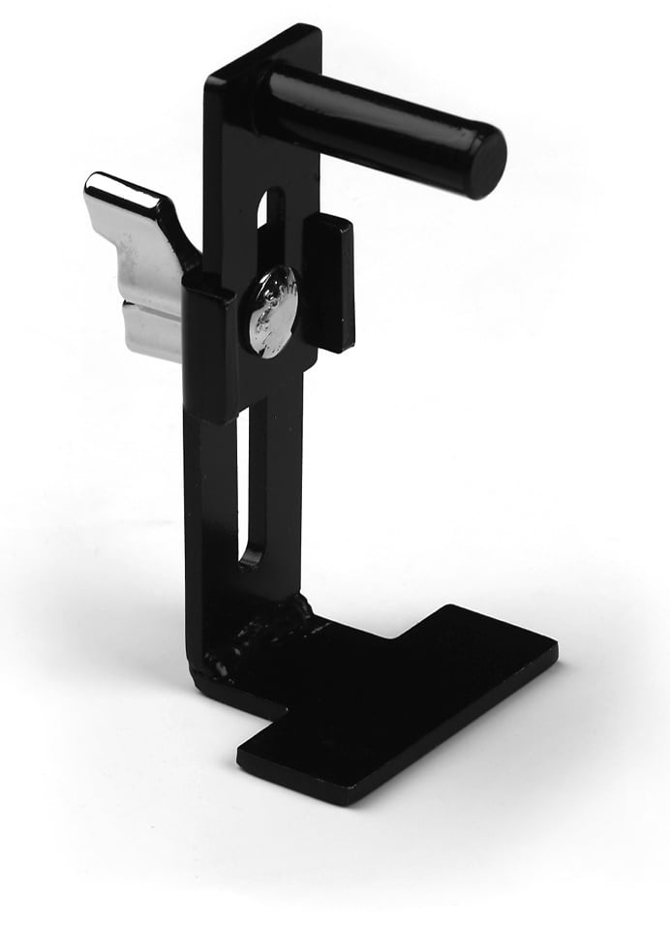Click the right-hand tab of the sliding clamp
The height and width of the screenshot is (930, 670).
click(x=329, y=281)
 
